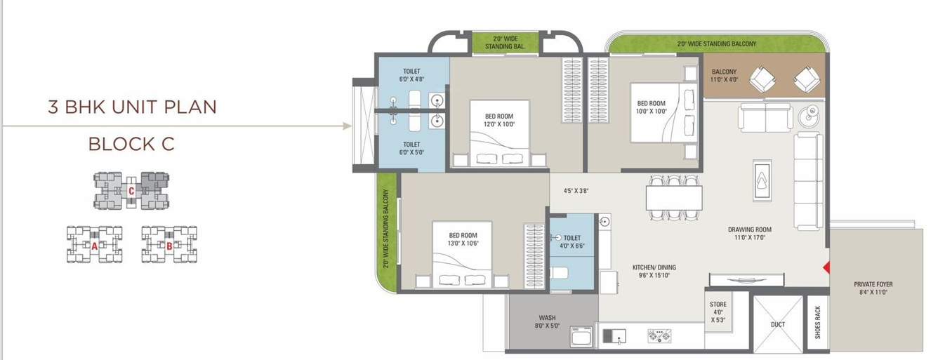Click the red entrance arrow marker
coord(826,267)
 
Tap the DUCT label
coord(777,324)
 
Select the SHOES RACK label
coord(818,322)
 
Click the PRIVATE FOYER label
coord(873,288)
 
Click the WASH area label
coord(548,321)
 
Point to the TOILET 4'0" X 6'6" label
coord(572,243)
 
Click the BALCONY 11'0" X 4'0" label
coord(724,76)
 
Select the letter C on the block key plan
coord(131,190)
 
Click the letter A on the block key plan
coord(94,246)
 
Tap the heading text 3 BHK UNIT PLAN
coord(132,107)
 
